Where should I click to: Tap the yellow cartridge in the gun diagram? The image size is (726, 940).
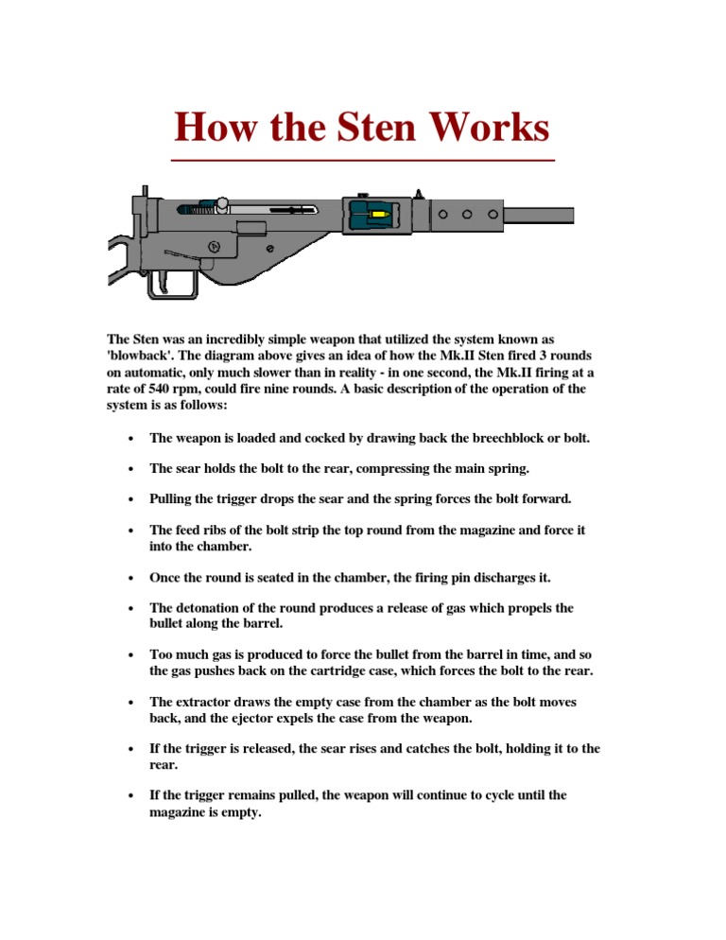380,216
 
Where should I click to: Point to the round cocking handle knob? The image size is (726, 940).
222,202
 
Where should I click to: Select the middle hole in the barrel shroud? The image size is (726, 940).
468,214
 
